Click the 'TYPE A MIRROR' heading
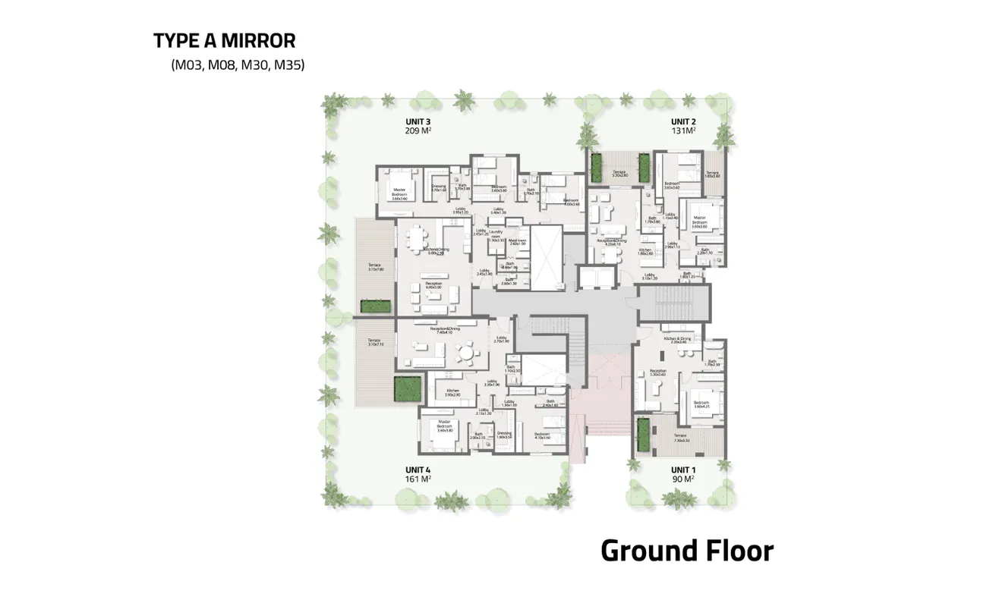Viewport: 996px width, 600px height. (224, 40)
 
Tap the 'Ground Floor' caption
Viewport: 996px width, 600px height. (687, 551)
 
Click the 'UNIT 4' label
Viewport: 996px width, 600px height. (418, 470)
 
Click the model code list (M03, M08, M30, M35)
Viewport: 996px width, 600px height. (238, 65)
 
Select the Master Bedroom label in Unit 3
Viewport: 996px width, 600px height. (399, 193)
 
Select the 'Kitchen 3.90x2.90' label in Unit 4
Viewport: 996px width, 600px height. (453, 393)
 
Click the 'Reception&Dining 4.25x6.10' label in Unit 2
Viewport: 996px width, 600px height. (609, 242)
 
